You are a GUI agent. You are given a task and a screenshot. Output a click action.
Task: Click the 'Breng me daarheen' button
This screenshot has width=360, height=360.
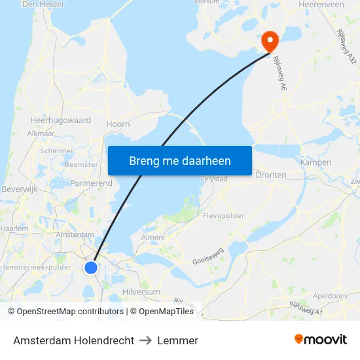[180, 160]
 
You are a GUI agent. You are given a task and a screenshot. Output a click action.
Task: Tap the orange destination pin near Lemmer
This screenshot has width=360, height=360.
[270, 42]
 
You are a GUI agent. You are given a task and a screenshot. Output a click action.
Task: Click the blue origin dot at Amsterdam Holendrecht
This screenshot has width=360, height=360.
[91, 267]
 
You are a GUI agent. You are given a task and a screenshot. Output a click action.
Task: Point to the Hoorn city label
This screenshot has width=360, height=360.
[118, 124]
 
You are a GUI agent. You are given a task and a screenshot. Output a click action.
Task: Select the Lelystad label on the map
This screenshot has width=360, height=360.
[214, 178]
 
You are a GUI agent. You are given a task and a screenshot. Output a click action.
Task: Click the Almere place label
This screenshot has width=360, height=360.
[153, 237]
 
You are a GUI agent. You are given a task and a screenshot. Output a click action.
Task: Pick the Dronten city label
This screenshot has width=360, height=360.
[271, 175]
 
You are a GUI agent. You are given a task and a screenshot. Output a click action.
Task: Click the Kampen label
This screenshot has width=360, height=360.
[315, 162]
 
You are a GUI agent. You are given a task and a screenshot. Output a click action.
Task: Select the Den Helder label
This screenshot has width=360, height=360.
[43, 4]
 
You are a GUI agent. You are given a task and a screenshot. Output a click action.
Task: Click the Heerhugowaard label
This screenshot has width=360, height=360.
[60, 120]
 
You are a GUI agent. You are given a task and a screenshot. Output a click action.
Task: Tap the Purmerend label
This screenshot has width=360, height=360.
[91, 183]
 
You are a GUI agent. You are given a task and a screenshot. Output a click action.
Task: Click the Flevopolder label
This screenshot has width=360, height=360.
[224, 215]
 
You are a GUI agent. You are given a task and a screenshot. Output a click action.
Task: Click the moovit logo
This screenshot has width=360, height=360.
[321, 340]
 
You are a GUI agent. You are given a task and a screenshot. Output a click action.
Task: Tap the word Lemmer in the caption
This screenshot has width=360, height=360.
[177, 340]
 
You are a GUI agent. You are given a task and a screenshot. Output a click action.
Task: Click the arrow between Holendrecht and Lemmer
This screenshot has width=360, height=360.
[146, 340]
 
